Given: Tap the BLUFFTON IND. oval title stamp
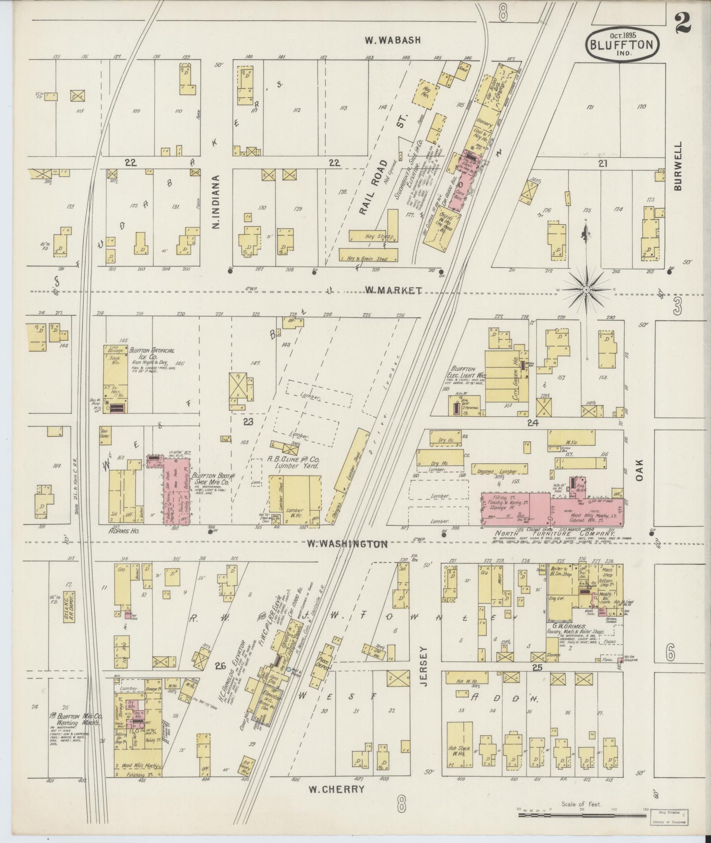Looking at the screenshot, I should coord(622,44).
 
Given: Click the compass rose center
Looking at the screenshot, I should coord(586,290).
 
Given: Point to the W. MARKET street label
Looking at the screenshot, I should coord(393,290).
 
